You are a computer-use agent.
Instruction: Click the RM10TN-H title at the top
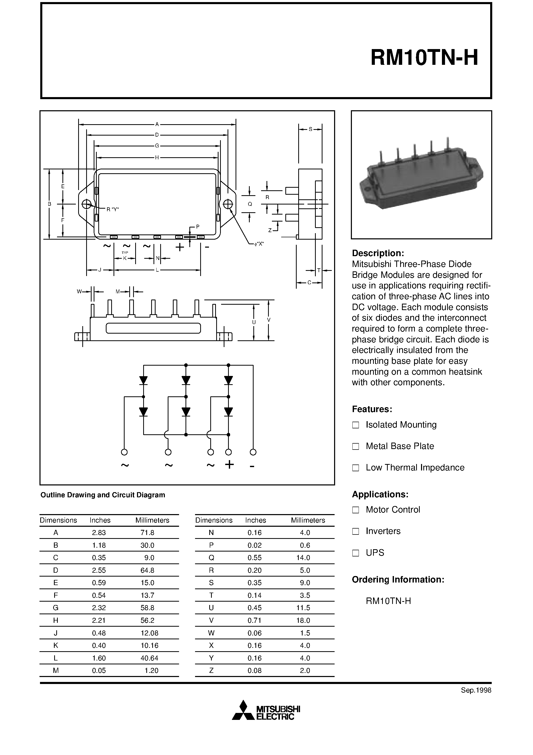coord(424,58)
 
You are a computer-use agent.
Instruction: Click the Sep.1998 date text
coord(476,690)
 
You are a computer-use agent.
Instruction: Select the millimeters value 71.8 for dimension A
coord(147,532)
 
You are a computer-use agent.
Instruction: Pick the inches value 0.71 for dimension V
coord(254,620)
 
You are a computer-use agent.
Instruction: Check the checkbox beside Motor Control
coord(355,510)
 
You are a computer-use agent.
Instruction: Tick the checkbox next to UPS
coord(355,553)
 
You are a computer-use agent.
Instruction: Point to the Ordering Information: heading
coord(398,579)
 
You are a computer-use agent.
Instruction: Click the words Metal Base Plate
coord(400,446)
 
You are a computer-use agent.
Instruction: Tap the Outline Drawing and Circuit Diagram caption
coord(102,495)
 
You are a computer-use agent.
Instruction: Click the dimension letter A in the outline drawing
coord(157,124)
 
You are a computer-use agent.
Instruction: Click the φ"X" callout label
coord(259,244)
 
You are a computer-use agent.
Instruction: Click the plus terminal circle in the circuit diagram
coord(228,452)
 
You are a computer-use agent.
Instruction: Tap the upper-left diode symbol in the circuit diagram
coord(143,380)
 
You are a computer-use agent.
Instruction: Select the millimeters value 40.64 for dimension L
coord(150,658)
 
